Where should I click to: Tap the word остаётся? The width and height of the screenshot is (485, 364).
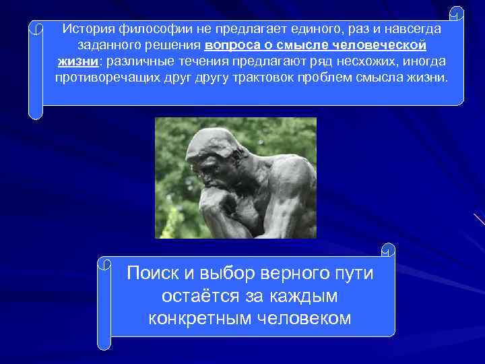(x=195, y=296)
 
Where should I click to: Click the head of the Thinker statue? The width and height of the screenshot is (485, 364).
(x=216, y=152)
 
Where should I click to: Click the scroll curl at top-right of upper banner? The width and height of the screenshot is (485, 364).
(x=457, y=13)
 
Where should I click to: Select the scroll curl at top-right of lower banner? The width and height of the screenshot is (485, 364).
(x=388, y=250)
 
